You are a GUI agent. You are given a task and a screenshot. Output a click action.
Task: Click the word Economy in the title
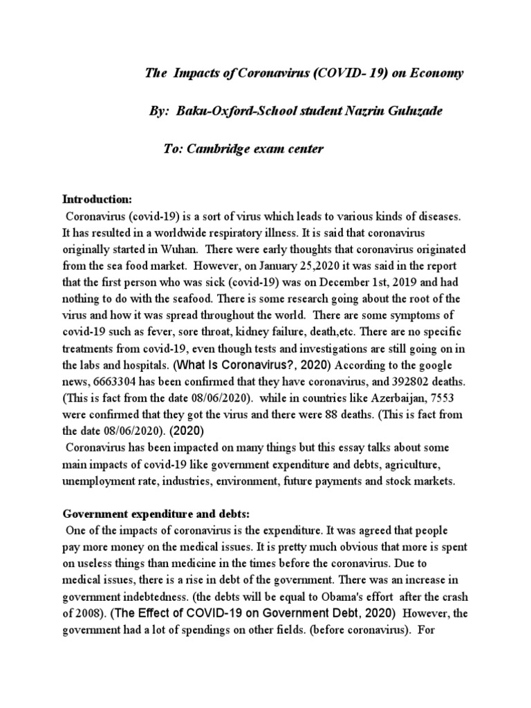pyautogui.click(x=435, y=74)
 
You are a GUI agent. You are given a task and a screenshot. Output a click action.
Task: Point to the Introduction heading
pyautogui.click(x=97, y=199)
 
